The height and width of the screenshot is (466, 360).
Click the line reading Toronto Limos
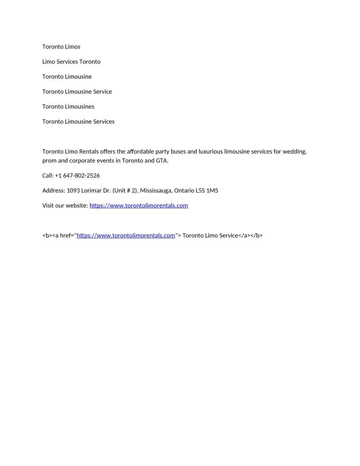pos(61,46)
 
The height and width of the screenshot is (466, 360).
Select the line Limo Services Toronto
pos(71,61)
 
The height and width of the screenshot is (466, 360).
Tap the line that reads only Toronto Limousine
pos(67,76)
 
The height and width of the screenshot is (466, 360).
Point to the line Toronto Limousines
pos(68,106)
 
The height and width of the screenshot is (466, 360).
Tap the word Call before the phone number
pos(48,175)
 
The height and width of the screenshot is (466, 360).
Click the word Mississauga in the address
pos(155,190)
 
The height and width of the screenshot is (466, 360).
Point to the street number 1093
pos(73,190)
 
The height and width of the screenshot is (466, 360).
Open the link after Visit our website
pos(139,205)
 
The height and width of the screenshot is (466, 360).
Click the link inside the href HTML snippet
pos(126,235)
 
